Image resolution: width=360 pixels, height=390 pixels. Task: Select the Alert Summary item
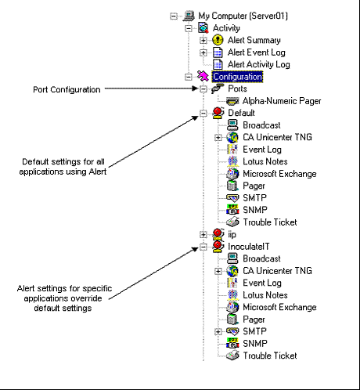[254, 40]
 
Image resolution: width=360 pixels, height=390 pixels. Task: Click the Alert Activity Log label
[260, 64]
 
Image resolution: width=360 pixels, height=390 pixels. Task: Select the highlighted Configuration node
[236, 77]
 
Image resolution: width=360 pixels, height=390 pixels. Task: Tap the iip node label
[221, 233]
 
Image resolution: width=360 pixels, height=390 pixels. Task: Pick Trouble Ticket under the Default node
[269, 222]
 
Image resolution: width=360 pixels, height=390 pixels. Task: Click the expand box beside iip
[203, 234]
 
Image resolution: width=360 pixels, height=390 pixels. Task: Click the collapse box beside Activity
[188, 28]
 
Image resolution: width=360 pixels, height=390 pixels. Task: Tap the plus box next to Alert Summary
[203, 41]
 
